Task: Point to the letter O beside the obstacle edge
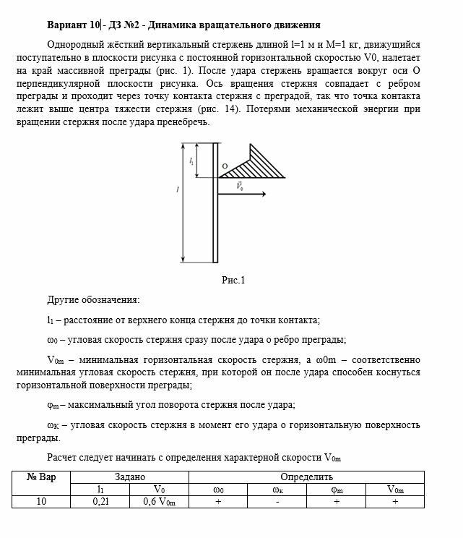point(225,167)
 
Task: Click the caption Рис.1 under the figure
point(233,281)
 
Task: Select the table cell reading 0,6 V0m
point(160,501)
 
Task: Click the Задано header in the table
point(130,477)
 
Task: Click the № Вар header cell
point(41,477)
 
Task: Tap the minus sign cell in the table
point(277,501)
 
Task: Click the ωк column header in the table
point(277,489)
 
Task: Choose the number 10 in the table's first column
point(41,501)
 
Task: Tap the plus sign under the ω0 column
point(217,501)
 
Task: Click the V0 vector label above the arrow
point(239,186)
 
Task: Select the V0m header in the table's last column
point(395,489)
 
